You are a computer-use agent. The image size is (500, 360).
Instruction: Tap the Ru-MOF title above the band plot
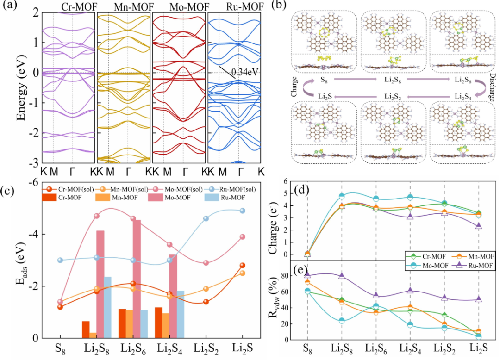click(x=237, y=7)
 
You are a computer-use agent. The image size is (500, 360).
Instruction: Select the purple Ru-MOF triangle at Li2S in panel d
click(x=479, y=226)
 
